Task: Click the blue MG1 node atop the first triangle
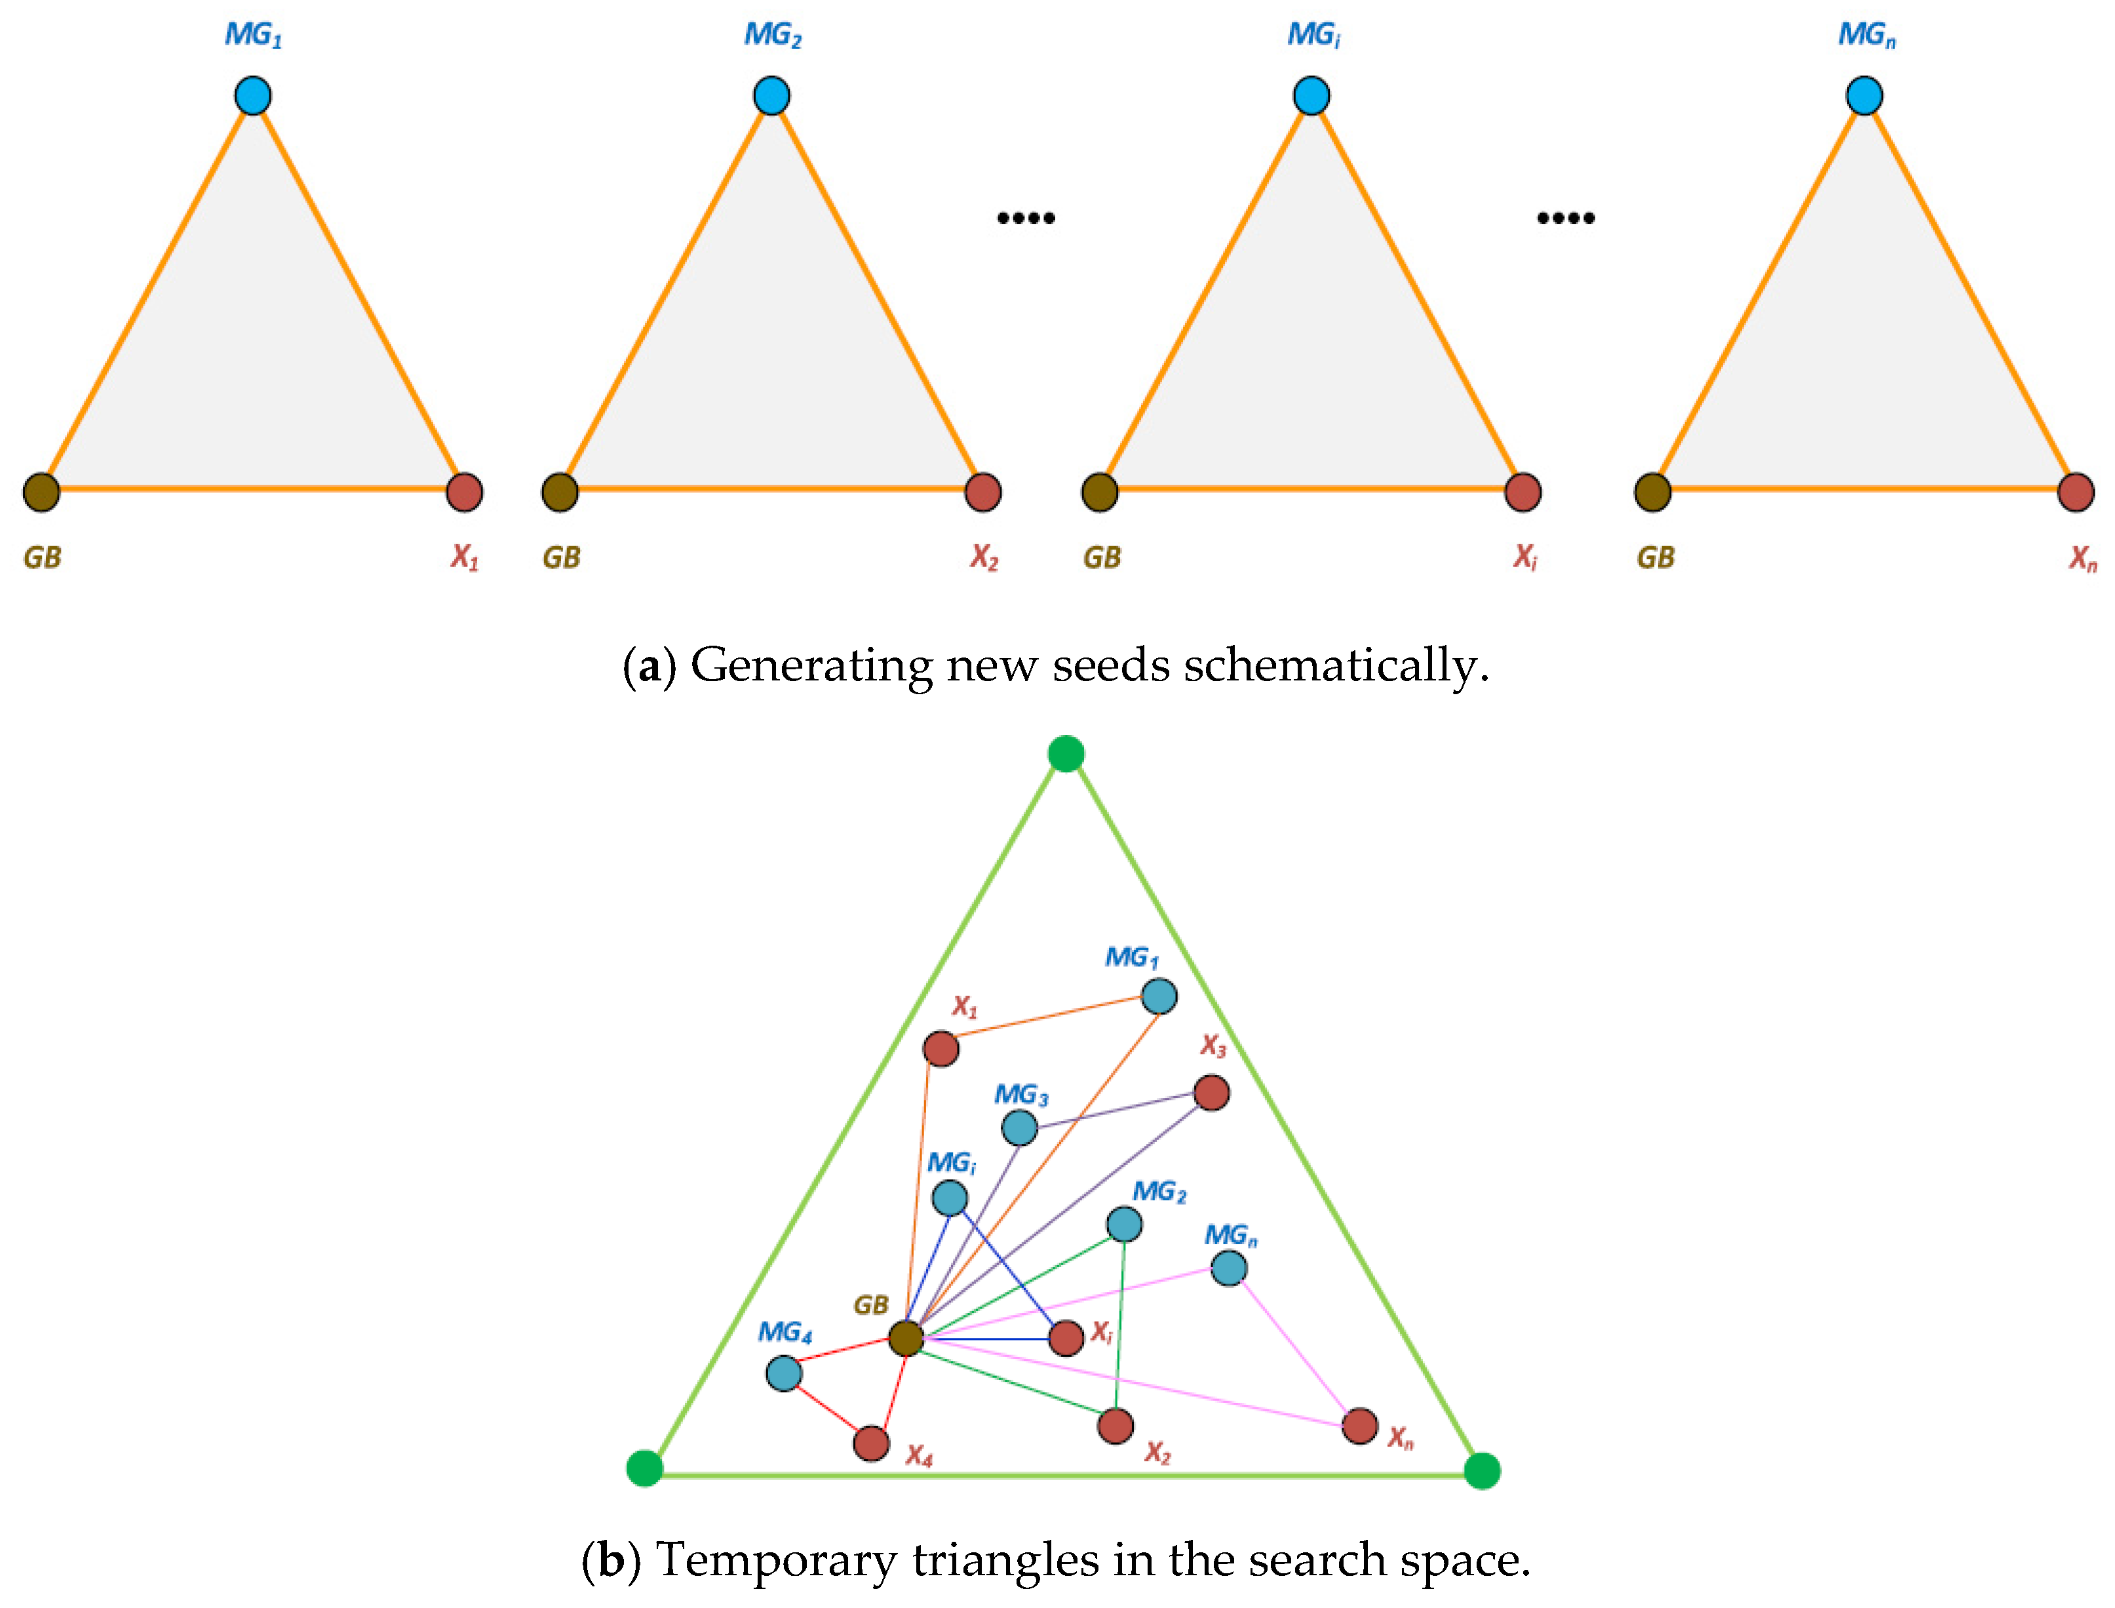click(x=252, y=96)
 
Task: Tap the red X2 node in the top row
click(x=983, y=492)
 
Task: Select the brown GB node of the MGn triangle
click(x=1653, y=492)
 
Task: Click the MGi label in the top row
click(x=1313, y=35)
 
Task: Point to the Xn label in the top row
click(x=2082, y=558)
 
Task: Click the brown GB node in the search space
click(x=905, y=1338)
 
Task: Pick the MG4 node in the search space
click(x=784, y=1373)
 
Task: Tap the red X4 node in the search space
click(x=871, y=1442)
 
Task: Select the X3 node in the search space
click(x=1212, y=1092)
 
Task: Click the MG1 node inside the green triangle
click(x=1159, y=996)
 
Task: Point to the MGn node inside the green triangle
click(x=1229, y=1268)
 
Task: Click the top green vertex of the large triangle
click(x=1066, y=753)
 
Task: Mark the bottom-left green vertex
click(x=644, y=1467)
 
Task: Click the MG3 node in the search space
click(x=1019, y=1128)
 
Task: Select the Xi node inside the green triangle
click(x=1066, y=1338)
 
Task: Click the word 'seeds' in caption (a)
click(x=1110, y=665)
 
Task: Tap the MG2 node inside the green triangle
click(x=1125, y=1223)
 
